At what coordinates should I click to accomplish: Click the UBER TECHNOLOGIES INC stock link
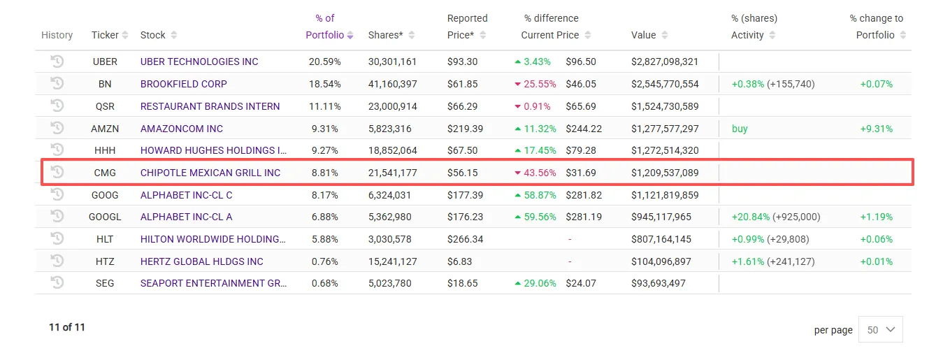pos(199,62)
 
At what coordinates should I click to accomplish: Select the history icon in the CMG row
pos(57,172)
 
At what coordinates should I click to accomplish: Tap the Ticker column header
pos(105,35)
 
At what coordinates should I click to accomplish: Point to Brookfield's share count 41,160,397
pos(392,84)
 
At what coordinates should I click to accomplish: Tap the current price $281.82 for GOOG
pos(584,195)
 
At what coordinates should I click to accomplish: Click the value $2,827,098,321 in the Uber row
pos(664,62)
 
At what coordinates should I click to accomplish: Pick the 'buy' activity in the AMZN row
pos(740,129)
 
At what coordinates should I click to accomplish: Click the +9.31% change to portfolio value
pos(877,129)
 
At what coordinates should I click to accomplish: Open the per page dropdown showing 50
pos(880,330)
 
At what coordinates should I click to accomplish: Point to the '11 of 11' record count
pos(67,327)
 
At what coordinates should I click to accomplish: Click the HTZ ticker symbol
pos(105,261)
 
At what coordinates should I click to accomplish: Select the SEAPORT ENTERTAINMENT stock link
pos(213,284)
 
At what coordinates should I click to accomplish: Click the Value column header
pos(644,35)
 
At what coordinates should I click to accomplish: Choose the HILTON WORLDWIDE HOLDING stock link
pos(213,239)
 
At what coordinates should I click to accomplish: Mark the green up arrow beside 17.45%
pos(518,150)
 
